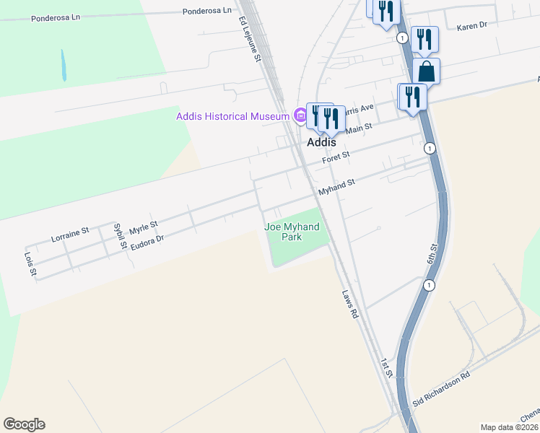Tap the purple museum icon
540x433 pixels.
coord(299,115)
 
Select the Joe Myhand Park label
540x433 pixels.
coord(292,232)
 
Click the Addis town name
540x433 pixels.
coord(322,143)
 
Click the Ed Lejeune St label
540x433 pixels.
coord(248,40)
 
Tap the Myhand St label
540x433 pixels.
coord(337,188)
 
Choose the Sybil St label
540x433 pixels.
coord(120,236)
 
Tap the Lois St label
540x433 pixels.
coord(30,266)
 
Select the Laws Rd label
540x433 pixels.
coord(349,304)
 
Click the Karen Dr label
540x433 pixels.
coord(472,25)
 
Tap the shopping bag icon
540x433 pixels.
coord(427,71)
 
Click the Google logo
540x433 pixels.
coord(24,424)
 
